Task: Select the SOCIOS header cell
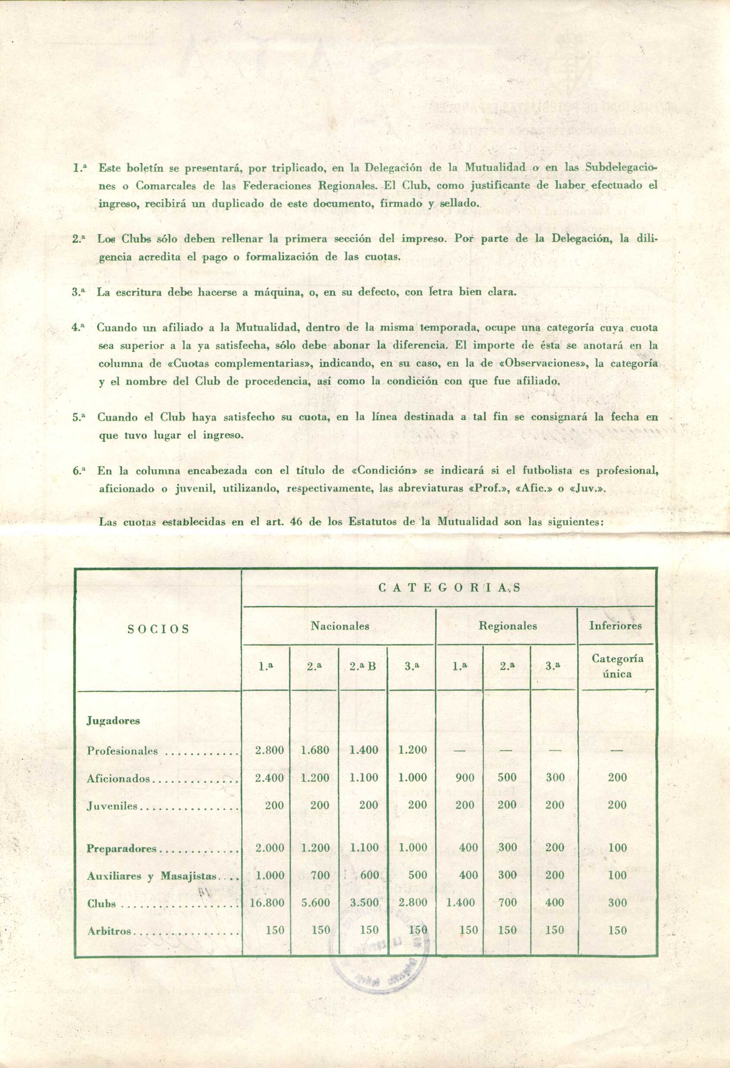click(x=158, y=629)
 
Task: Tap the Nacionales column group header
click(x=340, y=626)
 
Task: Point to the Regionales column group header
click(x=507, y=626)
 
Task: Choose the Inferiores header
click(x=615, y=626)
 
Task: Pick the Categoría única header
click(x=617, y=666)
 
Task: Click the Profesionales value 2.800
click(x=269, y=750)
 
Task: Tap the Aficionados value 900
click(x=469, y=778)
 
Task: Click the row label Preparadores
click(x=122, y=849)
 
